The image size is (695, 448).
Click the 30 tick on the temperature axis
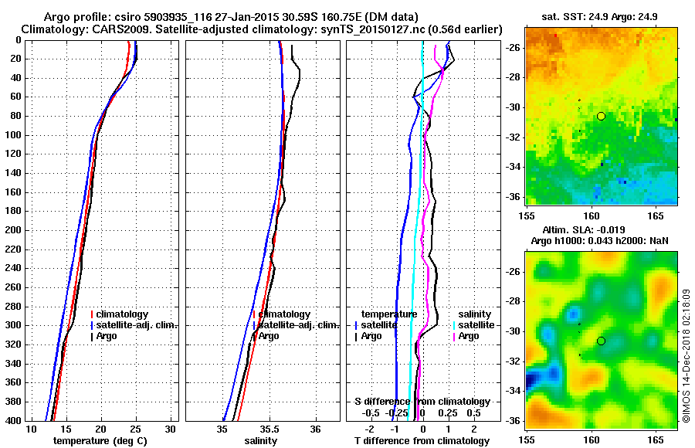171,429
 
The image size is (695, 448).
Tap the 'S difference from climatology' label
422,402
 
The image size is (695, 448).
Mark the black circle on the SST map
601,116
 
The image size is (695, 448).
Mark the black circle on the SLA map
601,341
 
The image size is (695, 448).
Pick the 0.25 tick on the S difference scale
446,412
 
